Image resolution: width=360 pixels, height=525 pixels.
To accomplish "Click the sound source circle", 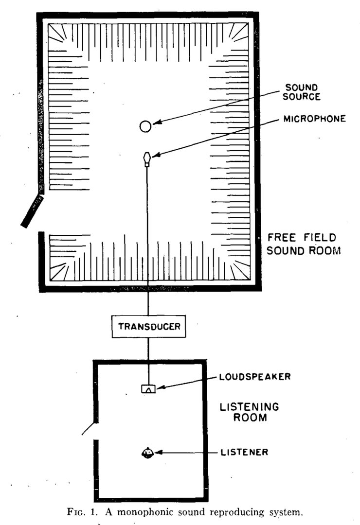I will [x=145, y=126].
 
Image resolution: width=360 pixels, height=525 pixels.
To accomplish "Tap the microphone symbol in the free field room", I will [x=146, y=158].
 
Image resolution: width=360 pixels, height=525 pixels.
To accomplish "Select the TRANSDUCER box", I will [x=149, y=327].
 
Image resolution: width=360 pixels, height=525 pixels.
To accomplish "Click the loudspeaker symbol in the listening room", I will [x=148, y=388].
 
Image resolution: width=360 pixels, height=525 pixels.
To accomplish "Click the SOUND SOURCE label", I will [x=303, y=91].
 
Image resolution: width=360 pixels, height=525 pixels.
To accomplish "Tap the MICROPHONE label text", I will [x=315, y=118].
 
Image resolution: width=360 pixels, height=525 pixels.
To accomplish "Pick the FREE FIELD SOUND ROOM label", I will [x=302, y=244].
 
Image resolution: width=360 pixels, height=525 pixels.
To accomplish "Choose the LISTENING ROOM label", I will [x=243, y=411].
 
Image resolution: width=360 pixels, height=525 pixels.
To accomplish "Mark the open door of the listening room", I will [x=89, y=428].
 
